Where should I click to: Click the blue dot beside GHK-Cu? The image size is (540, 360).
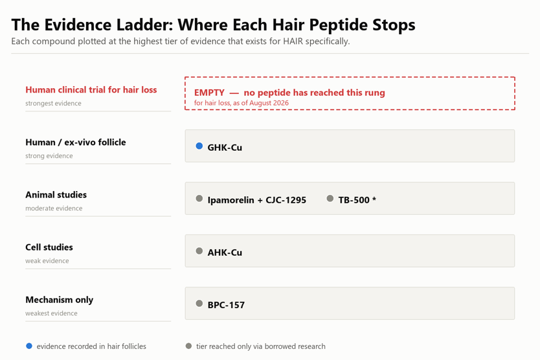click(x=199, y=146)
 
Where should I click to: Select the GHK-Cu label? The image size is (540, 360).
click(x=225, y=148)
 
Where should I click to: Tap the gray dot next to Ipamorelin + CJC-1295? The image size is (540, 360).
click(x=199, y=198)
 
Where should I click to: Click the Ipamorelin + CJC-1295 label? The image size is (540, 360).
click(x=257, y=200)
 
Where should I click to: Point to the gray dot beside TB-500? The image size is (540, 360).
click(x=330, y=198)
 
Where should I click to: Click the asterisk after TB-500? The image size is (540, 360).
click(x=374, y=199)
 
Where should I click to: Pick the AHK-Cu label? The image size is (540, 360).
click(x=225, y=253)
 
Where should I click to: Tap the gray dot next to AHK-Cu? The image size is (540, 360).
click(x=199, y=251)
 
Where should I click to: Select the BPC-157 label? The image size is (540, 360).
click(x=226, y=305)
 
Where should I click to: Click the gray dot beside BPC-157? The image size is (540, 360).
click(x=199, y=304)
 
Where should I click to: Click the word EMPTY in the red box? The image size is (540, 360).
click(x=209, y=93)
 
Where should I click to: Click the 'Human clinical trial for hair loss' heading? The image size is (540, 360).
click(x=91, y=90)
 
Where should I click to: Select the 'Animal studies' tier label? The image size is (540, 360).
click(x=56, y=195)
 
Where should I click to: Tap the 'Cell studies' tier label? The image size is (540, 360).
click(x=49, y=247)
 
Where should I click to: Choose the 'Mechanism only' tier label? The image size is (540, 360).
click(x=59, y=300)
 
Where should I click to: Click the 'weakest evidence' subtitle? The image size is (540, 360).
click(x=51, y=313)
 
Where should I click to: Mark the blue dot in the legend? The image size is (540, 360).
click(x=29, y=346)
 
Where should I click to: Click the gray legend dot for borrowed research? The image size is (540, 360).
click(x=188, y=346)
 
